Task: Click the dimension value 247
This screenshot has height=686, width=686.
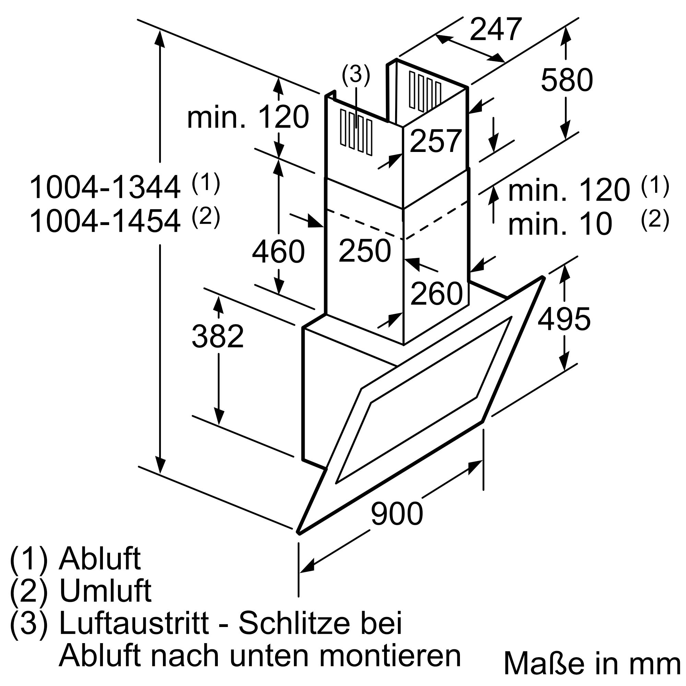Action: tap(496, 29)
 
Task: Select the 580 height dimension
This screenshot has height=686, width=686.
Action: tap(567, 80)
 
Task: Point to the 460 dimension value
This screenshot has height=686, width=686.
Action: tap(278, 251)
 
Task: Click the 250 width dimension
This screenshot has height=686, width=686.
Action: tap(365, 251)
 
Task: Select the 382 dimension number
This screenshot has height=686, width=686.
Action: tap(218, 336)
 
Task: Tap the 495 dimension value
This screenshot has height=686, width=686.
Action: tap(564, 319)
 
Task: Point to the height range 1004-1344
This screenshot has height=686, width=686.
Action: tap(105, 188)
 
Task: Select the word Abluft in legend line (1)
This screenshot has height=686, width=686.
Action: tap(100, 559)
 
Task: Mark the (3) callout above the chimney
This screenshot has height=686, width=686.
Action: tap(356, 75)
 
